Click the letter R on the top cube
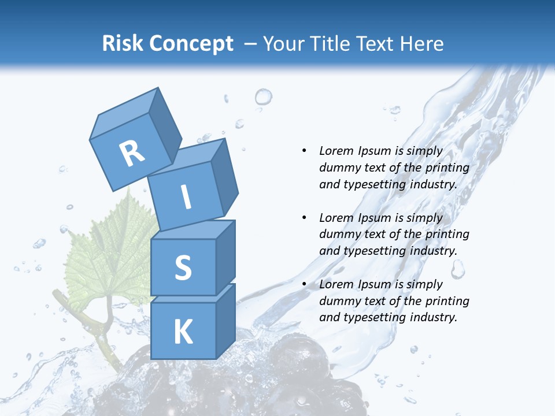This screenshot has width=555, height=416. pos(132,153)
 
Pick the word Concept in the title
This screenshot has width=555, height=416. pos(190,43)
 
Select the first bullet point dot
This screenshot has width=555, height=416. pos(304,151)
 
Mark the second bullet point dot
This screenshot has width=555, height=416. pos(304,218)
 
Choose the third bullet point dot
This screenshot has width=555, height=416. pos(304,284)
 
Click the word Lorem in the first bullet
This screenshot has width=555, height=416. pos(335,151)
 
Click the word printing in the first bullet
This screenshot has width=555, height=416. pos(447,168)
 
